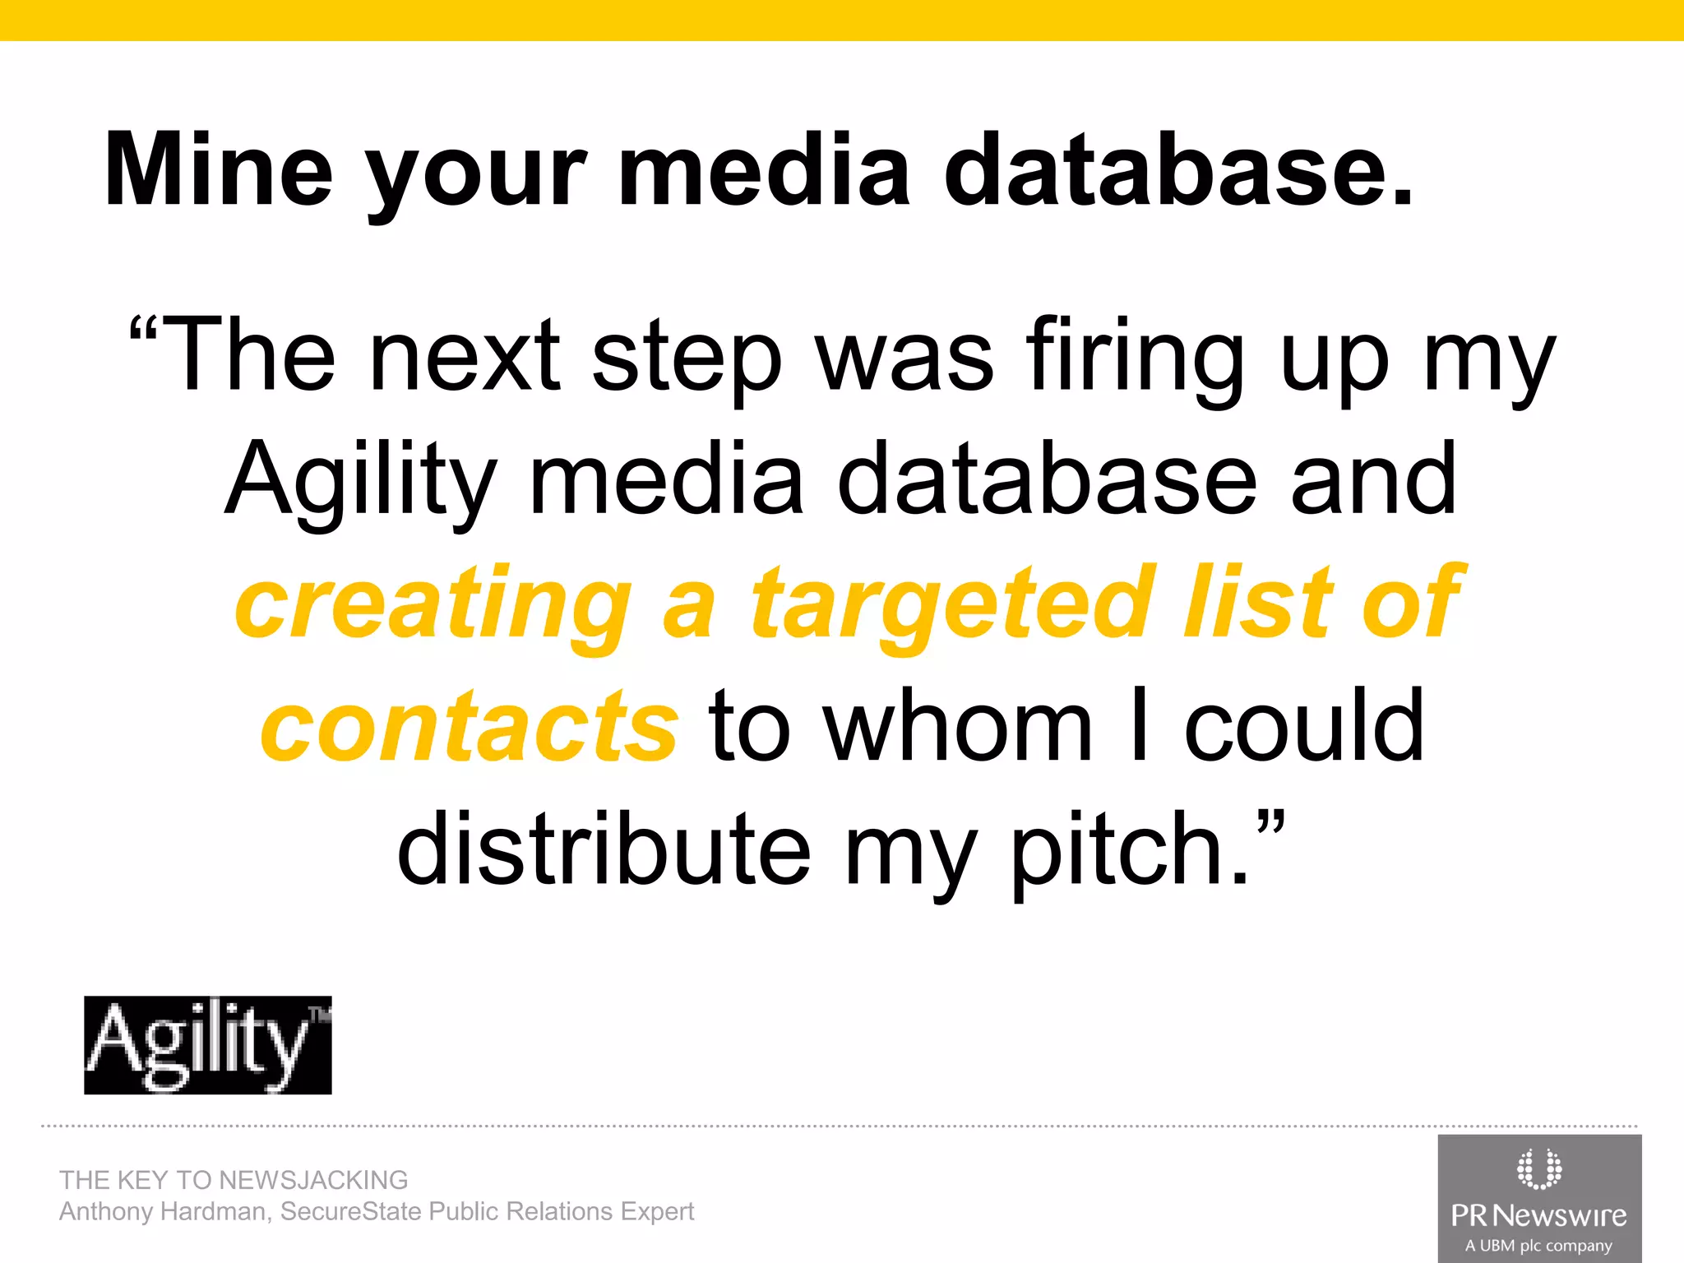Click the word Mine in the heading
(x=219, y=169)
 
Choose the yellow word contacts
(x=469, y=727)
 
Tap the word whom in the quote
(x=959, y=727)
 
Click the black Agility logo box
(x=207, y=1045)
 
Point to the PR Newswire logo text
(x=1538, y=1215)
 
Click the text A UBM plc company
(x=1538, y=1246)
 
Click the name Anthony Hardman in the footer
(x=163, y=1212)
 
